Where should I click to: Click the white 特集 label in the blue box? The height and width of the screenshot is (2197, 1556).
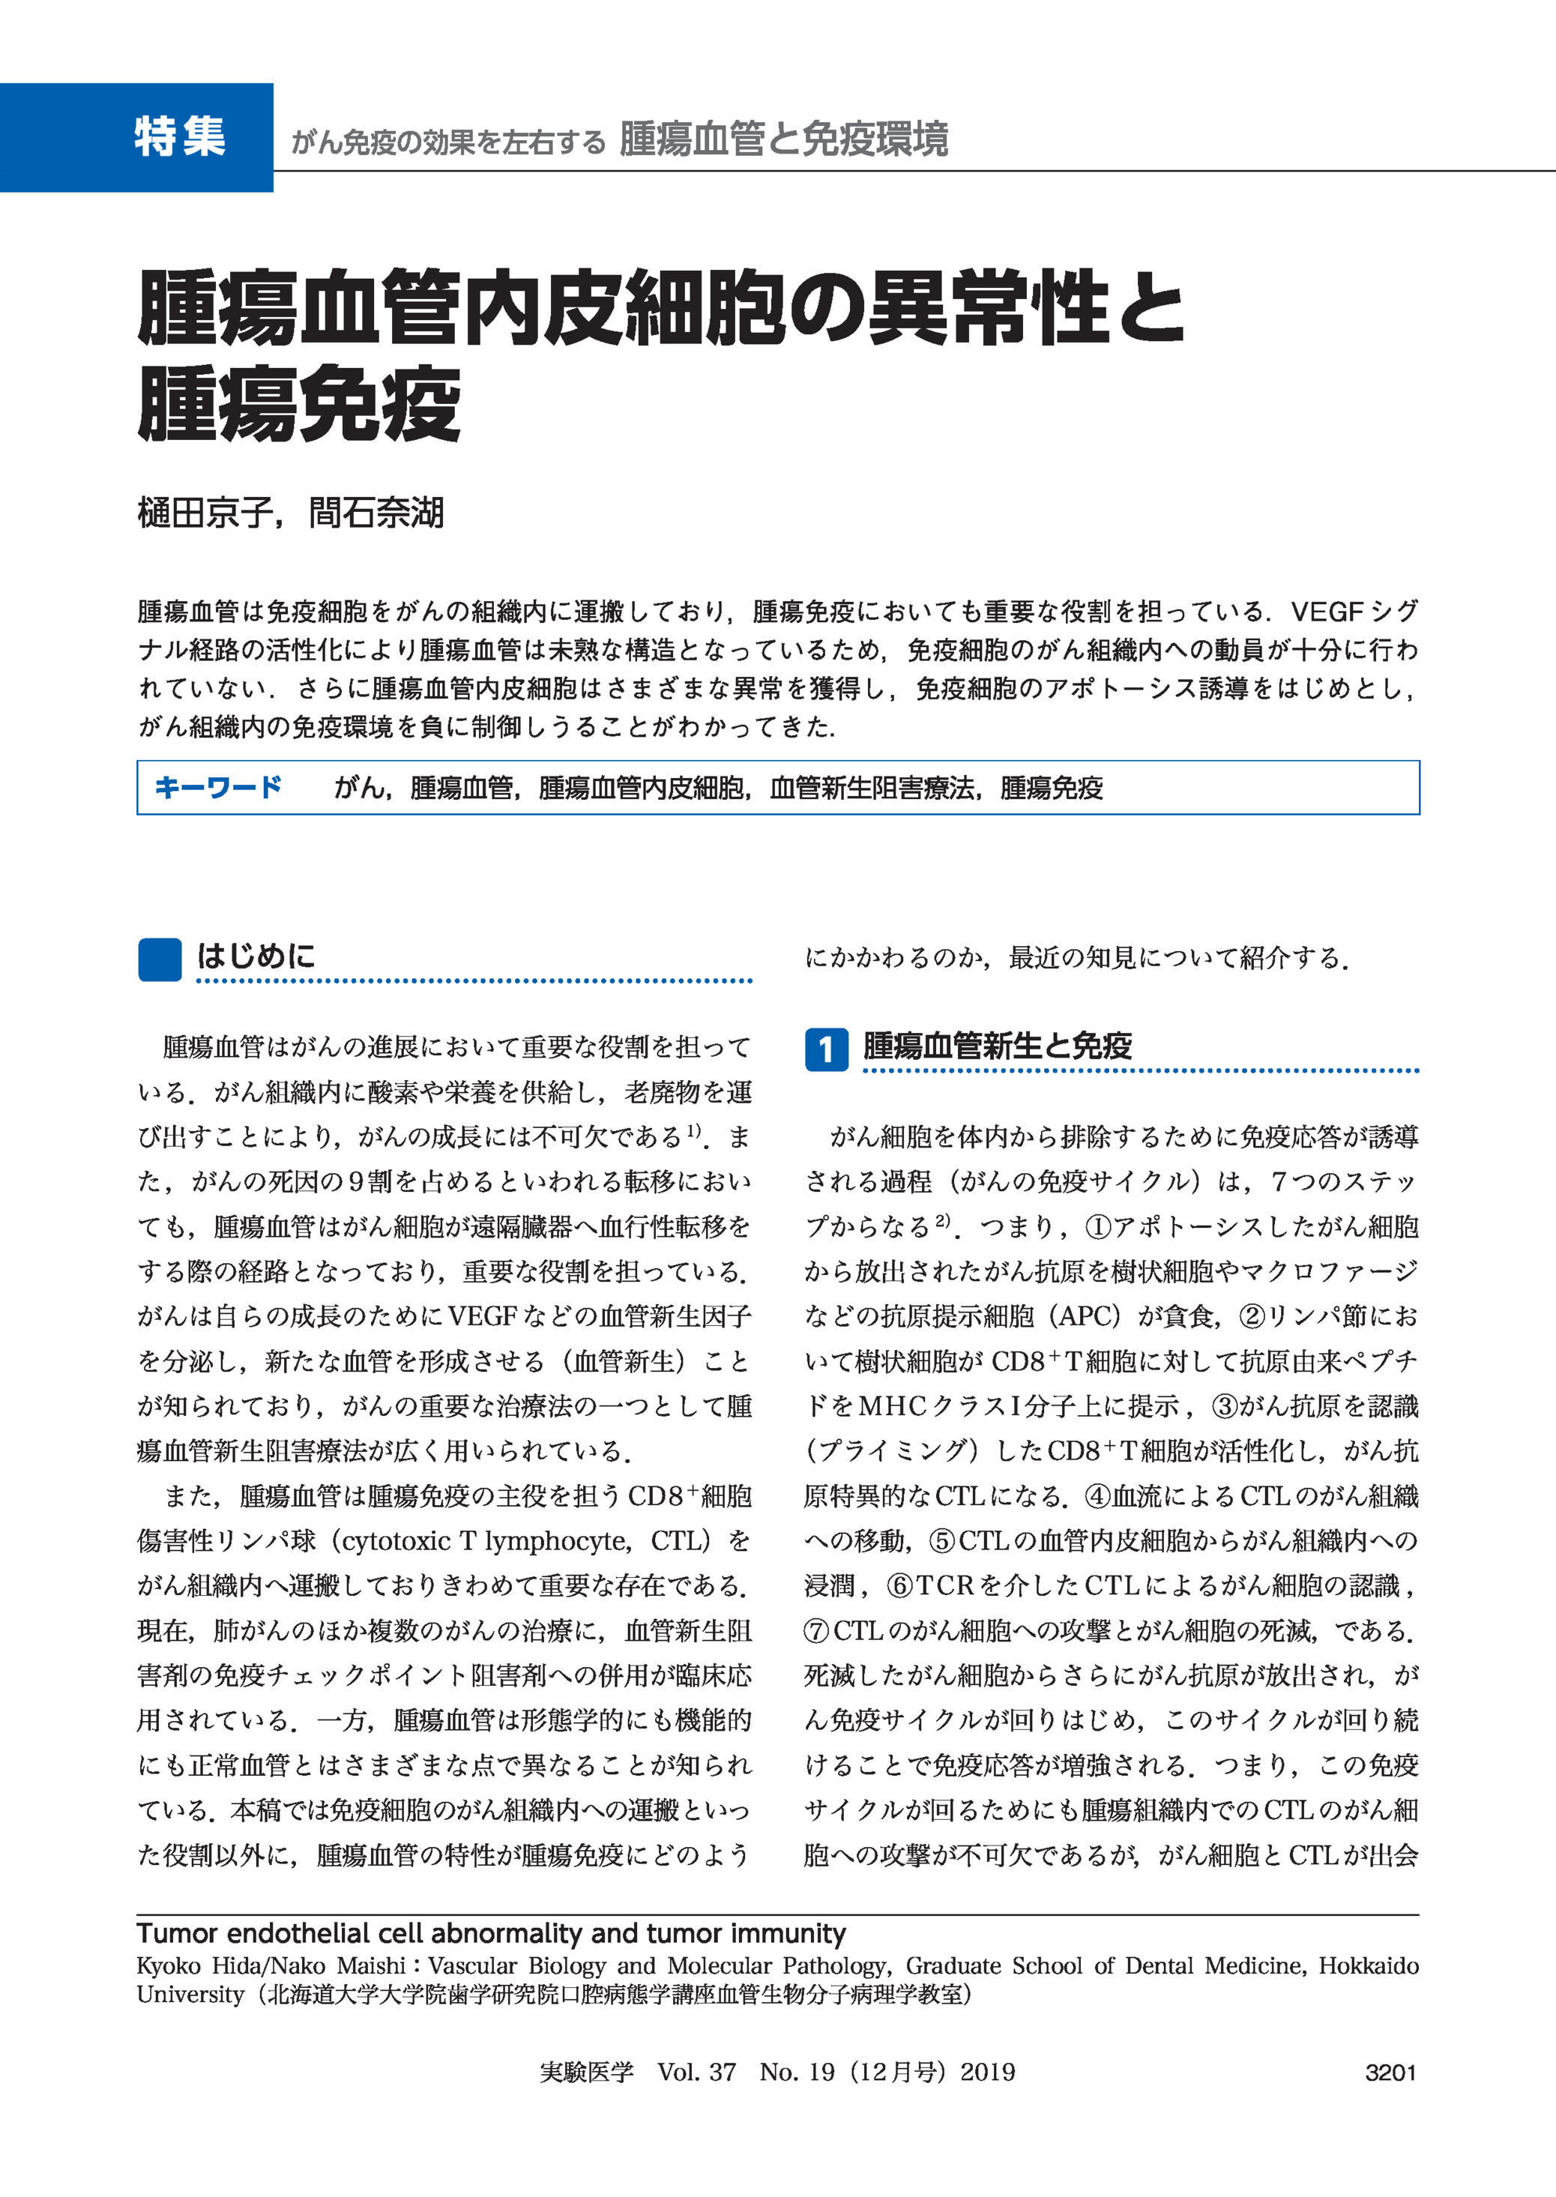179,136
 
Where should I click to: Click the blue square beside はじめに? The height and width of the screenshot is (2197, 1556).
159,959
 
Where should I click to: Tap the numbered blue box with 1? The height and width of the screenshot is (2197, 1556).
825,1049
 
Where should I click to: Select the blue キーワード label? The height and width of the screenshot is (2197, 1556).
218,788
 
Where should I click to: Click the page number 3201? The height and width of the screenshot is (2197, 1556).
1390,2073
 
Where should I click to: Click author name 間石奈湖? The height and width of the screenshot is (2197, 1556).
376,513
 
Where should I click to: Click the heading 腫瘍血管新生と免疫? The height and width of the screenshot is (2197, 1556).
998,1046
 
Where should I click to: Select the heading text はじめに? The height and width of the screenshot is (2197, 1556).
256,955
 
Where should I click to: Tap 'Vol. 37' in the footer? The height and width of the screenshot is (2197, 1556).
696,2073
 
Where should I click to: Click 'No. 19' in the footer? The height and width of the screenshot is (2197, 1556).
797,2073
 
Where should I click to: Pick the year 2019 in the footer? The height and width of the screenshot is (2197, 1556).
987,2073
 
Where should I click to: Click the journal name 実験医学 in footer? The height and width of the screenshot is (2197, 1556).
586,2073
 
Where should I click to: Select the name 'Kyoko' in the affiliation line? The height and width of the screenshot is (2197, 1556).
169,1966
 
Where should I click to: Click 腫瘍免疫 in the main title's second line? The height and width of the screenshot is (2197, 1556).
299,406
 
